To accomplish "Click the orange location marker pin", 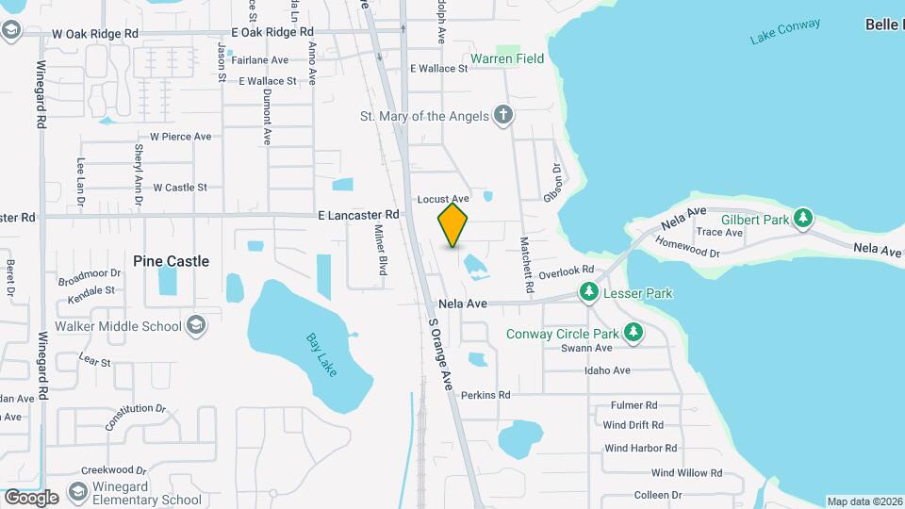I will coord(453,225).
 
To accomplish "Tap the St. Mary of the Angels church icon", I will coord(504,116).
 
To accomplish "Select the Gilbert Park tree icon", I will coord(802,219).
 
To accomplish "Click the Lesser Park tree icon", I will coord(589,292).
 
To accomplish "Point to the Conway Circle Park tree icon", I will coord(634,333).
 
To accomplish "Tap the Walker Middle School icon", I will coord(196,326).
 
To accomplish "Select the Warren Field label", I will coord(507,58).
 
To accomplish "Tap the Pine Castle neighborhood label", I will coord(171,261).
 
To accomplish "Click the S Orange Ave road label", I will coord(440,353).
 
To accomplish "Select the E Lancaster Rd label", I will coord(358,215).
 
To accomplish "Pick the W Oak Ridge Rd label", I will coord(95,33).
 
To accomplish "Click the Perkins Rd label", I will coord(485,395).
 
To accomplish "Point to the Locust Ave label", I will coord(443,199).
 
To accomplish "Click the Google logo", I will coord(31,497).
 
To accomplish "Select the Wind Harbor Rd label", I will coord(641,449).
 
